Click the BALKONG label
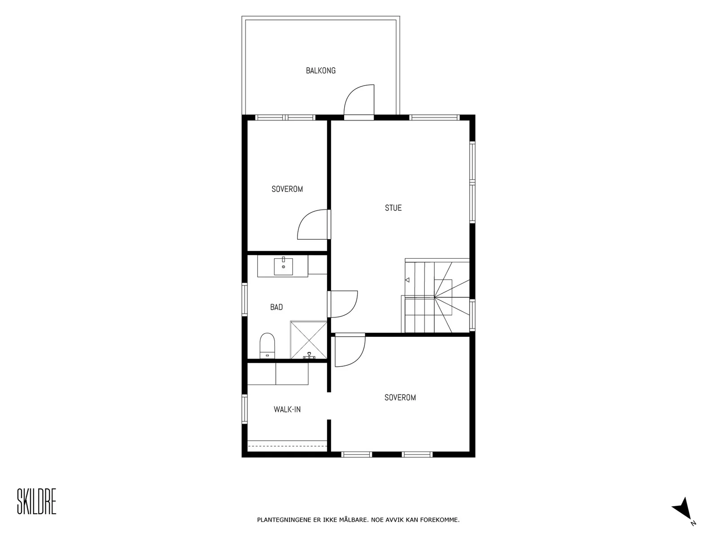click(320, 70)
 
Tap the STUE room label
click(393, 208)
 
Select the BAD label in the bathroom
click(276, 307)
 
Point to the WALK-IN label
click(287, 409)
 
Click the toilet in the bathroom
click(267, 346)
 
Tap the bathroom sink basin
click(283, 266)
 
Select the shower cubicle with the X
click(309, 340)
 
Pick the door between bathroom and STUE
click(343, 304)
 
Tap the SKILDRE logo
click(37, 501)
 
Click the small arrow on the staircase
click(407, 280)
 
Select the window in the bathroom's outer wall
click(244, 299)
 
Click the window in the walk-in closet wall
click(244, 409)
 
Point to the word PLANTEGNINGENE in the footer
click(284, 520)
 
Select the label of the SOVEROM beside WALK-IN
click(400, 398)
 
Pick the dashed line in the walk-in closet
click(287, 446)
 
